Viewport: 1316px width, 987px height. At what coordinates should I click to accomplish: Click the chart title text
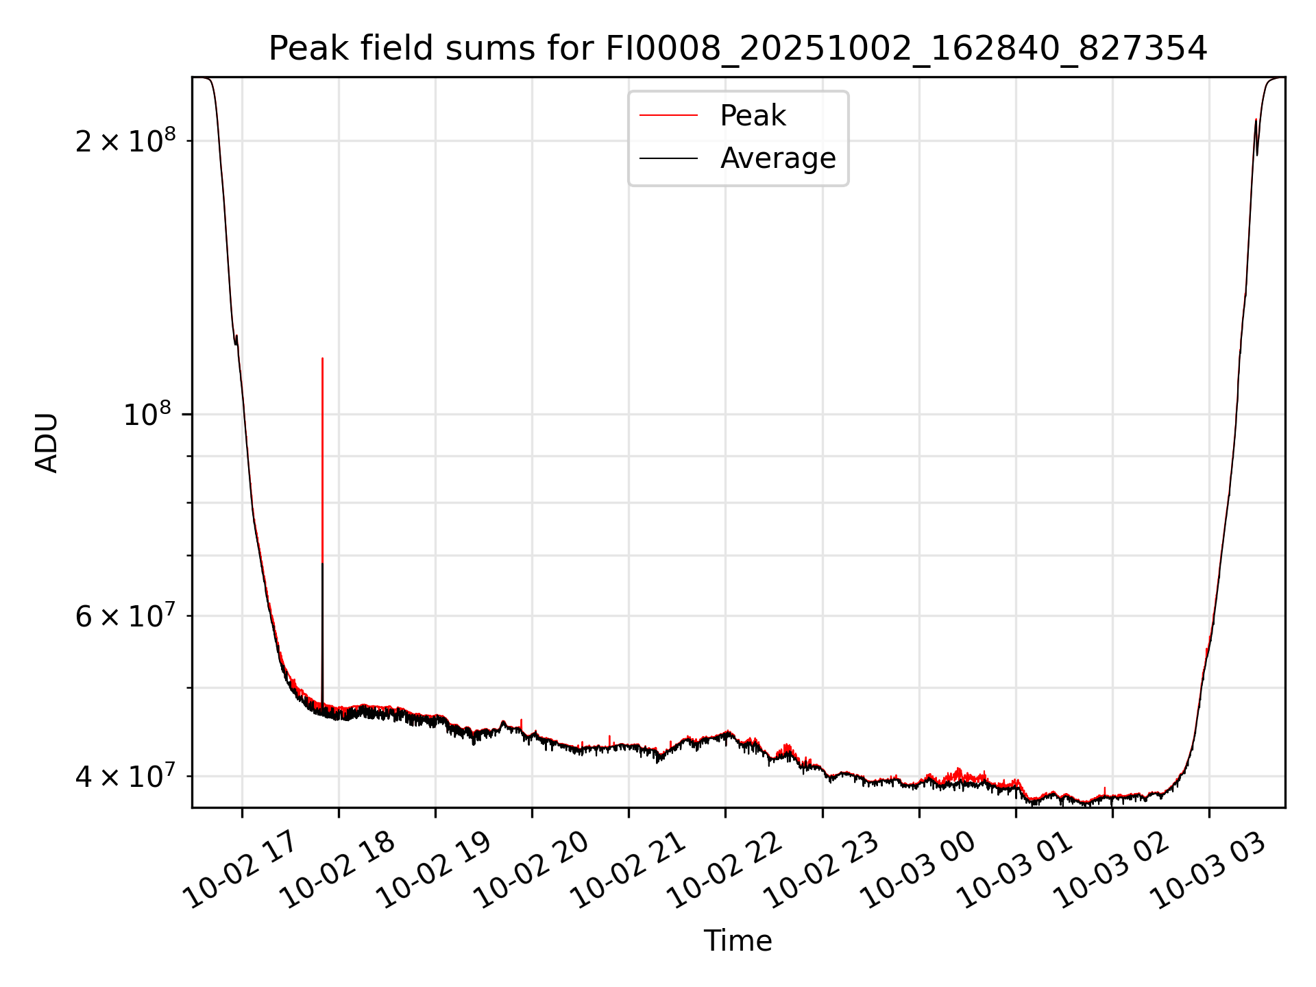pyautogui.click(x=738, y=49)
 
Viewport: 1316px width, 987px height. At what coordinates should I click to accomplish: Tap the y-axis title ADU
pyautogui.click(x=47, y=443)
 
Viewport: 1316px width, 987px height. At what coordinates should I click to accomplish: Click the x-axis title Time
pyautogui.click(x=738, y=941)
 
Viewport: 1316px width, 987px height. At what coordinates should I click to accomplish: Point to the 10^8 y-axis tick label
pyautogui.click(x=147, y=415)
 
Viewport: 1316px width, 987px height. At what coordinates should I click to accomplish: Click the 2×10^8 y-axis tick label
pyautogui.click(x=125, y=141)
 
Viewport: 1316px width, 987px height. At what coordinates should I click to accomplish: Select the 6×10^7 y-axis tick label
pyautogui.click(x=125, y=616)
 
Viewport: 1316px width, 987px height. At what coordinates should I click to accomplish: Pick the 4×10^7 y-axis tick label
pyautogui.click(x=125, y=777)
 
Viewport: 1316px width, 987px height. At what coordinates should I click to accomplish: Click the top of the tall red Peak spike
pyautogui.click(x=322, y=358)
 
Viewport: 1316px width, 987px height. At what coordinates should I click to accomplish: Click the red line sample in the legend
pyautogui.click(x=668, y=116)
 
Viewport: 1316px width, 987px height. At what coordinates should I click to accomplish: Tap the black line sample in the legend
pyautogui.click(x=668, y=158)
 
